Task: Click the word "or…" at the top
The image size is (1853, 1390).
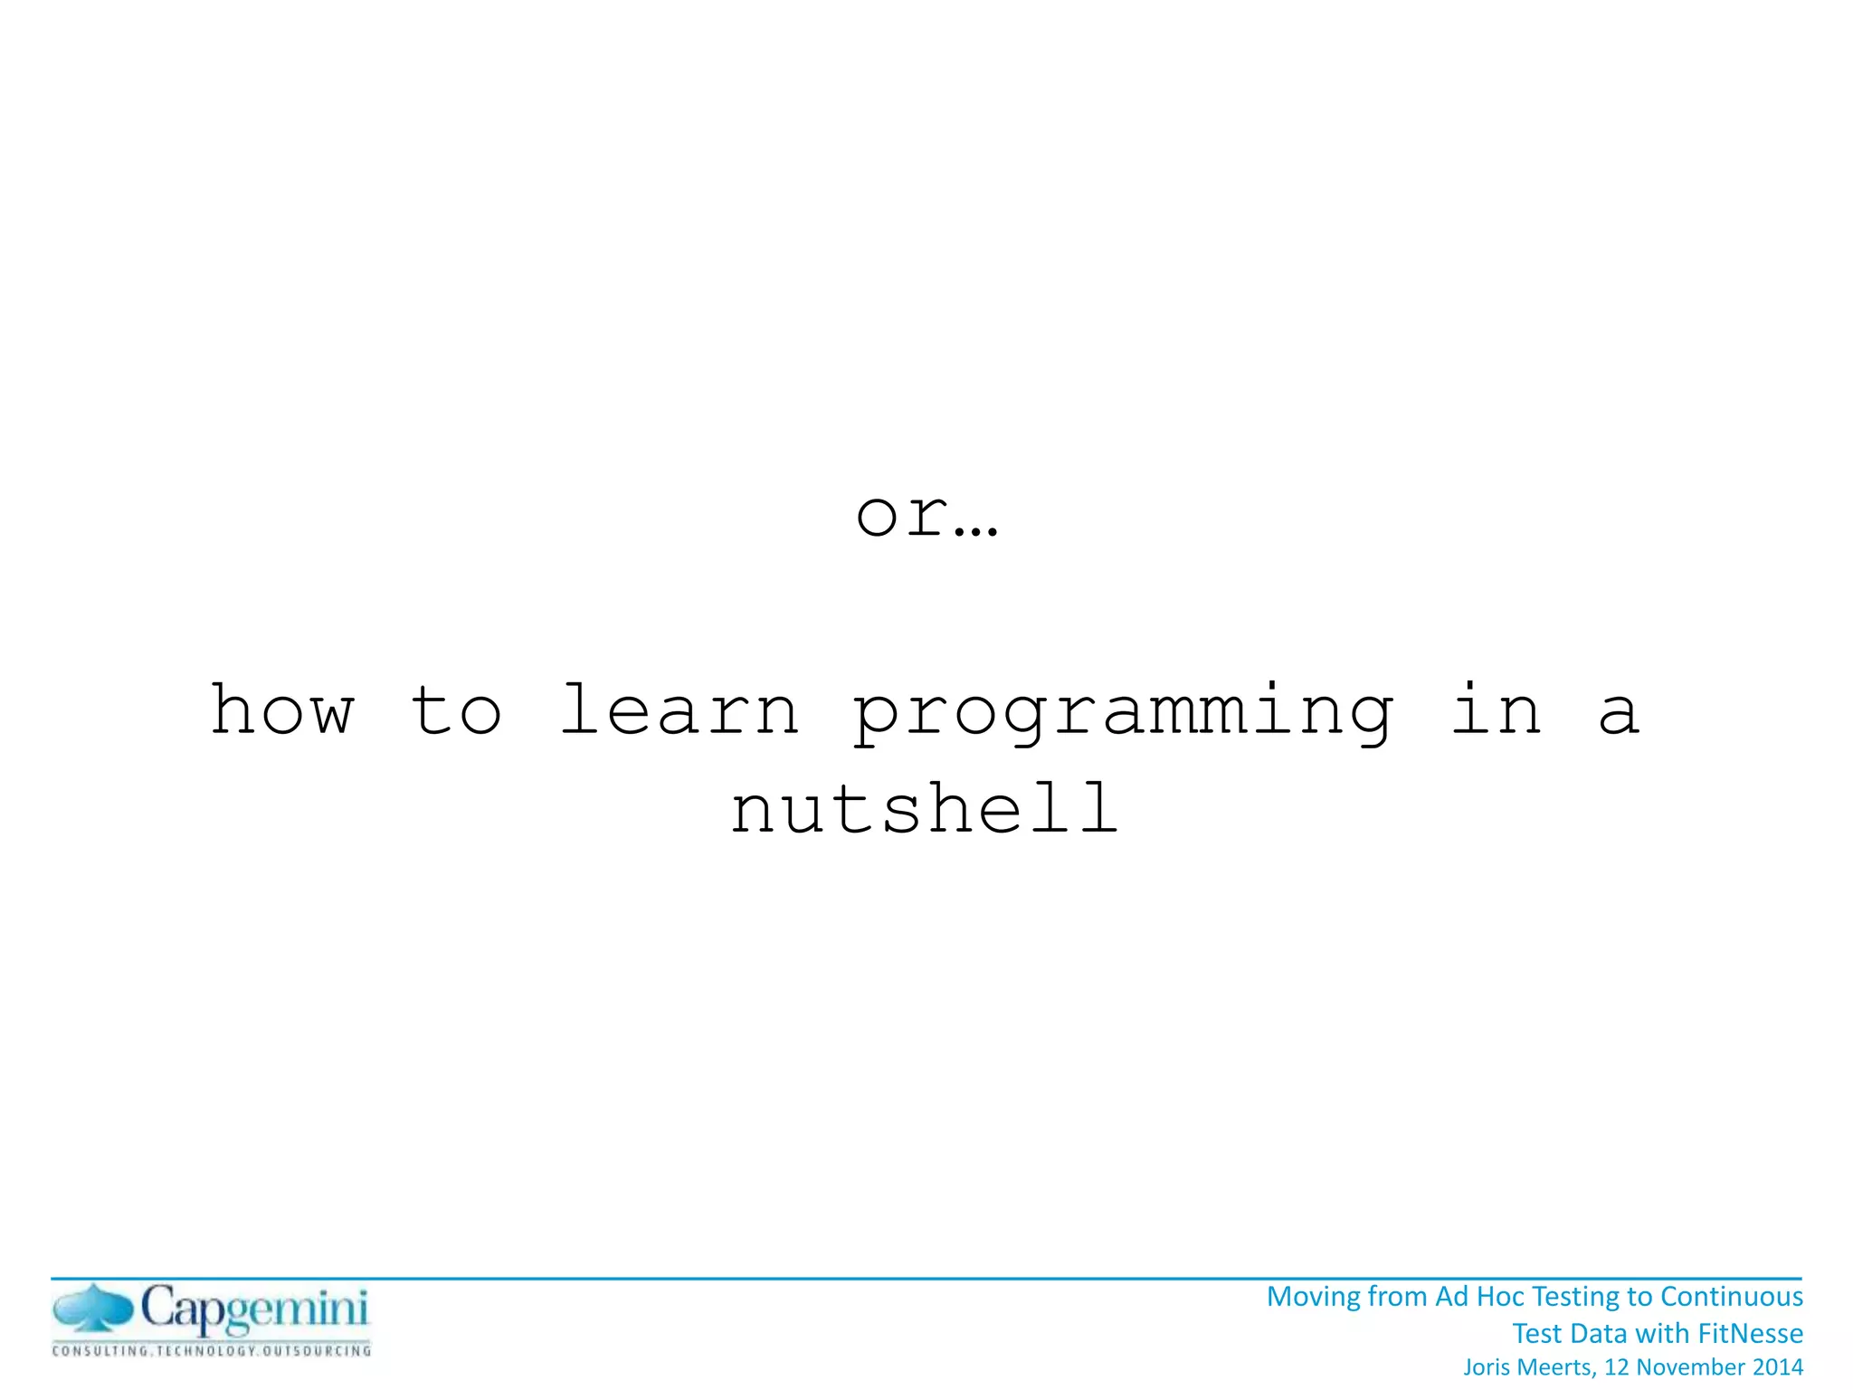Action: tap(926, 517)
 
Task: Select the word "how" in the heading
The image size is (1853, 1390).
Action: tap(282, 711)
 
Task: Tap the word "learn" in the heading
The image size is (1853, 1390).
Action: tap(679, 711)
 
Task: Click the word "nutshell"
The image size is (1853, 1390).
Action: tap(926, 809)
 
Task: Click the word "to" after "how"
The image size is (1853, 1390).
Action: tap(456, 711)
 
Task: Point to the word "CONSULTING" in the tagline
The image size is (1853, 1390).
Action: tap(100, 1352)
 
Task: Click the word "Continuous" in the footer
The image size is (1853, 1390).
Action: tap(1732, 1298)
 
